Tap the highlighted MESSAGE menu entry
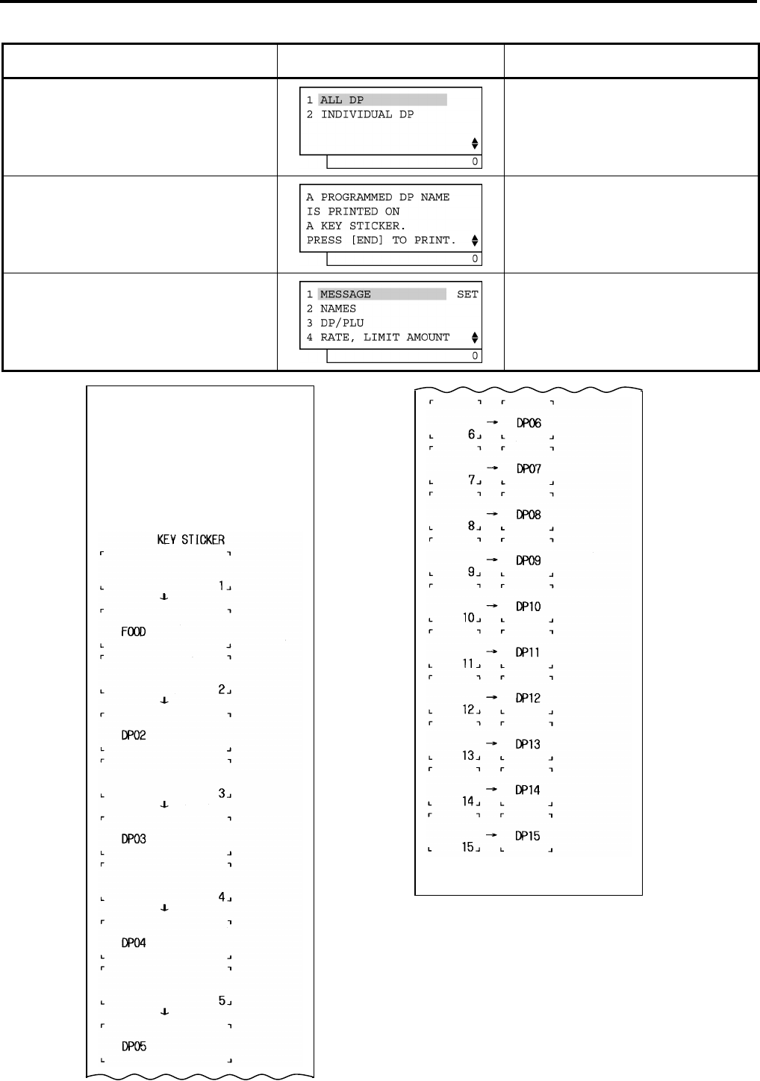pyautogui.click(x=345, y=294)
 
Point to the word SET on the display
pyautogui.click(x=467, y=294)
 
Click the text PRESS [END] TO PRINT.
pyautogui.click(x=381, y=240)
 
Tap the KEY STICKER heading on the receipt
pyautogui.click(x=190, y=539)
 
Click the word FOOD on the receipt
pyautogui.click(x=134, y=632)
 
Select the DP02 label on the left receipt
pyautogui.click(x=134, y=735)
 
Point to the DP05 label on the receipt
pyautogui.click(x=134, y=1047)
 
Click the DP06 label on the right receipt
pyautogui.click(x=529, y=423)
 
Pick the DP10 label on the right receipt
pyautogui.click(x=529, y=607)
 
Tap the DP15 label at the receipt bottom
pyautogui.click(x=529, y=836)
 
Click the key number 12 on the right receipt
pyautogui.click(x=468, y=709)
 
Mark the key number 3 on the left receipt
pyautogui.click(x=222, y=793)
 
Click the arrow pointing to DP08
pyautogui.click(x=493, y=514)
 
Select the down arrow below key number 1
pyautogui.click(x=164, y=597)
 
